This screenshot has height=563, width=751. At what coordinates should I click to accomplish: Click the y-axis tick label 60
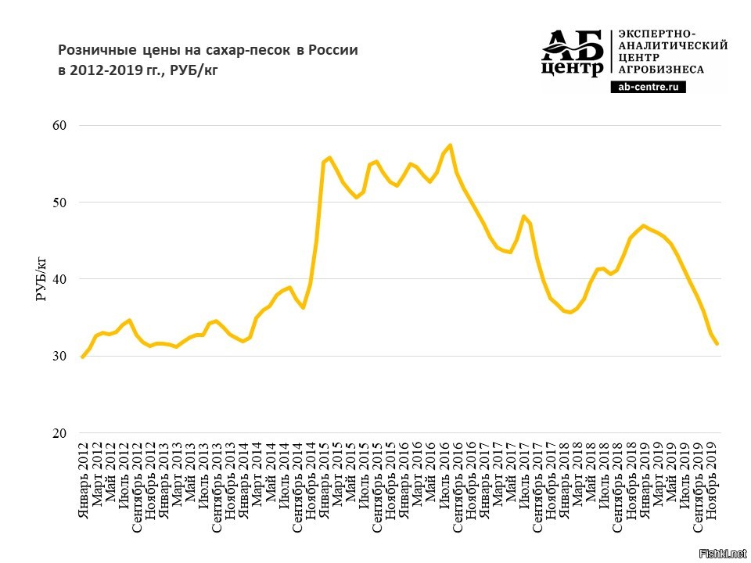[60, 126]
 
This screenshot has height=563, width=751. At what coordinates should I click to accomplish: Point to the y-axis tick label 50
[60, 203]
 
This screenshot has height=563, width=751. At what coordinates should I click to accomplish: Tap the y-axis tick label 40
[60, 280]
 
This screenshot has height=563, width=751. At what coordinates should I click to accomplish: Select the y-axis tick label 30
[60, 357]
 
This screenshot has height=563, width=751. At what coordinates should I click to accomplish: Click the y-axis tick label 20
[60, 434]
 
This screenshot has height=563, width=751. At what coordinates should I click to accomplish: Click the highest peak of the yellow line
[450, 145]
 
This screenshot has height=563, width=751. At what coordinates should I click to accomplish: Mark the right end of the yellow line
[717, 344]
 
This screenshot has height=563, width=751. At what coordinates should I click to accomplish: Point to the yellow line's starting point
[82, 357]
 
